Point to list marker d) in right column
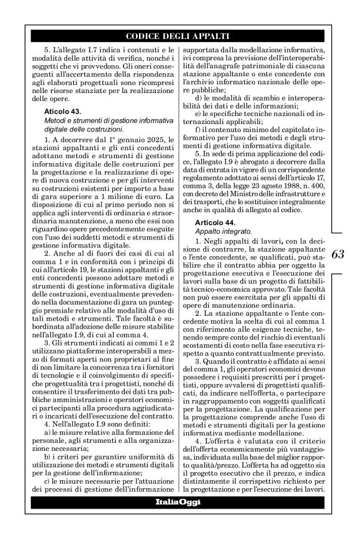tap(198, 99)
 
